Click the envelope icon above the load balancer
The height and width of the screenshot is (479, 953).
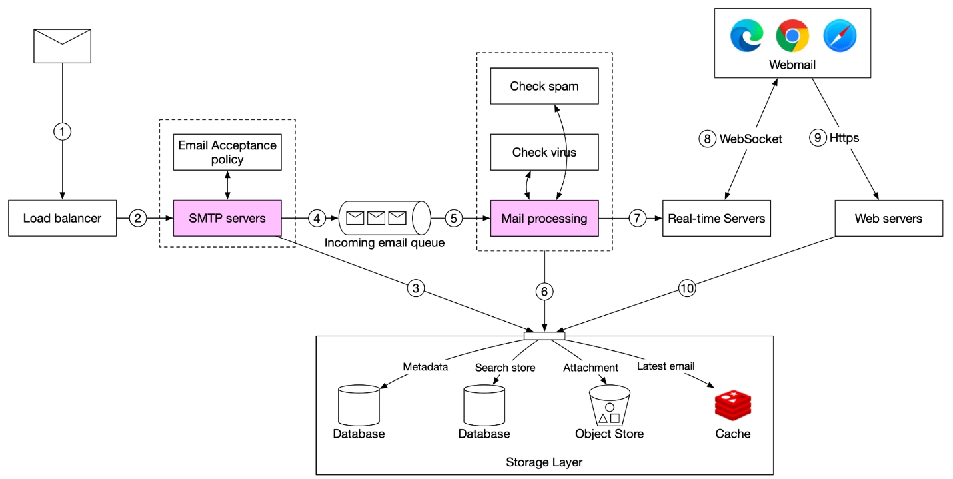pyautogui.click(x=62, y=46)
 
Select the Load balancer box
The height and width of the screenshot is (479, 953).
pyautogui.click(x=62, y=218)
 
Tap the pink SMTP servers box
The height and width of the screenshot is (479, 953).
pyautogui.click(x=227, y=218)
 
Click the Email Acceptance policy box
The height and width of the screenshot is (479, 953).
pyautogui.click(x=227, y=152)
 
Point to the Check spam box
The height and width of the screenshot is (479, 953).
pyautogui.click(x=544, y=86)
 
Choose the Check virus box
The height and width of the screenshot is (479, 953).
pyautogui.click(x=544, y=152)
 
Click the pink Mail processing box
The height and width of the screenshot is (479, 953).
pyautogui.click(x=544, y=218)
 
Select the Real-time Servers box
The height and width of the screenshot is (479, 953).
pyautogui.click(x=716, y=218)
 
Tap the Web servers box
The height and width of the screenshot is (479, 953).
pyautogui.click(x=889, y=218)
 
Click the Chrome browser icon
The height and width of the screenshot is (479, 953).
pyautogui.click(x=792, y=36)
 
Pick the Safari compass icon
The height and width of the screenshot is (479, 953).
pyautogui.click(x=840, y=36)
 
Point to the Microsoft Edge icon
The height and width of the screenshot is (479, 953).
pyautogui.click(x=746, y=36)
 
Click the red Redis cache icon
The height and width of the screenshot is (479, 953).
pyautogui.click(x=733, y=406)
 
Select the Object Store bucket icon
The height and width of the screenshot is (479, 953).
pyautogui.click(x=610, y=406)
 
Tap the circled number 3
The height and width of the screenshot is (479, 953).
pyautogui.click(x=416, y=288)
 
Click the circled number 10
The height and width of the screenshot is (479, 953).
pyautogui.click(x=687, y=288)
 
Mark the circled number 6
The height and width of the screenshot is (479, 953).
pyautogui.click(x=544, y=292)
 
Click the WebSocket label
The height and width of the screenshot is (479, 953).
pyautogui.click(x=751, y=139)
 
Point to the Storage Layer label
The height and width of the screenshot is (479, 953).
pyautogui.click(x=544, y=462)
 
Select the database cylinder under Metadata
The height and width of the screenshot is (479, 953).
pyautogui.click(x=359, y=406)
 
